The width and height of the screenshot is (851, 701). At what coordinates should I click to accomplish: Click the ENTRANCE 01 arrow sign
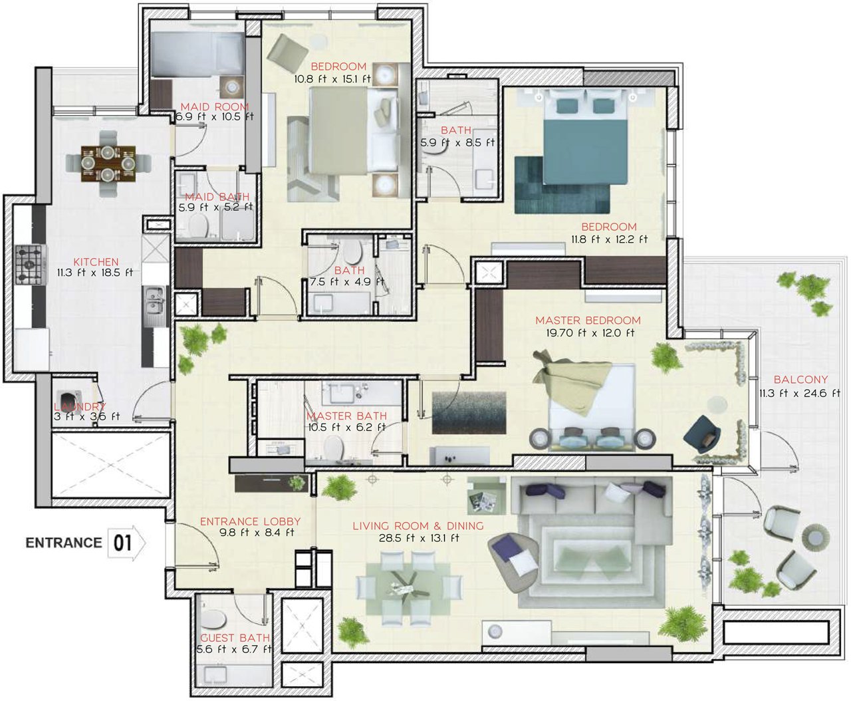[x=126, y=543]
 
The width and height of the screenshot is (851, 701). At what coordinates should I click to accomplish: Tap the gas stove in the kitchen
[x=30, y=265]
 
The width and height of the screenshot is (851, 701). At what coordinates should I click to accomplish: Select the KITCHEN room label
[x=96, y=262]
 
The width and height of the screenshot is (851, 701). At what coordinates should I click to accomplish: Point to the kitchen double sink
[x=155, y=301]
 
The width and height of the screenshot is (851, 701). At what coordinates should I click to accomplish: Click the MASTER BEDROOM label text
[x=588, y=321]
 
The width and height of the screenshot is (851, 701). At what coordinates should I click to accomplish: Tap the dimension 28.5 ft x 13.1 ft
[x=419, y=538]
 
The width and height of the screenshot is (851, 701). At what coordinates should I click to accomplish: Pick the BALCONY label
[x=800, y=380]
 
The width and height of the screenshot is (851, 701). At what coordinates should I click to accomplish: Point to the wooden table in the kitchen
[x=108, y=164]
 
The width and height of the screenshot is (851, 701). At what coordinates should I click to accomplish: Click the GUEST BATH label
[x=235, y=638]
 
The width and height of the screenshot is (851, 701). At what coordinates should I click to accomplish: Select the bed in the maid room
[x=197, y=55]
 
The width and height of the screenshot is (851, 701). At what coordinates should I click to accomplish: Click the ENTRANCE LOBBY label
[x=250, y=521]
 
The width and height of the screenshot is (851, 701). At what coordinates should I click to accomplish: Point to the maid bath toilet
[x=199, y=225]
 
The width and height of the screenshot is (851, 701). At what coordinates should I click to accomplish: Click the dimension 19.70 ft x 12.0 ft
[x=590, y=333]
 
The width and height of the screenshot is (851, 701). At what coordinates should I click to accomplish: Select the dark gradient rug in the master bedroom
[x=469, y=413]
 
